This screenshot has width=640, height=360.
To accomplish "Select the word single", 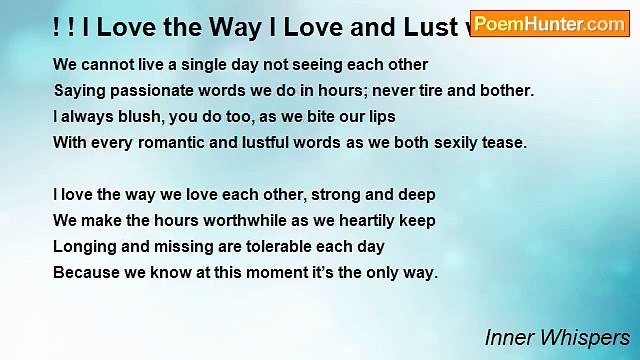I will [x=184, y=64].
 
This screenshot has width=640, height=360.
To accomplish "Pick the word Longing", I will [x=83, y=246].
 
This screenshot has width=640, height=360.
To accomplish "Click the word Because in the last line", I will [x=86, y=272].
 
